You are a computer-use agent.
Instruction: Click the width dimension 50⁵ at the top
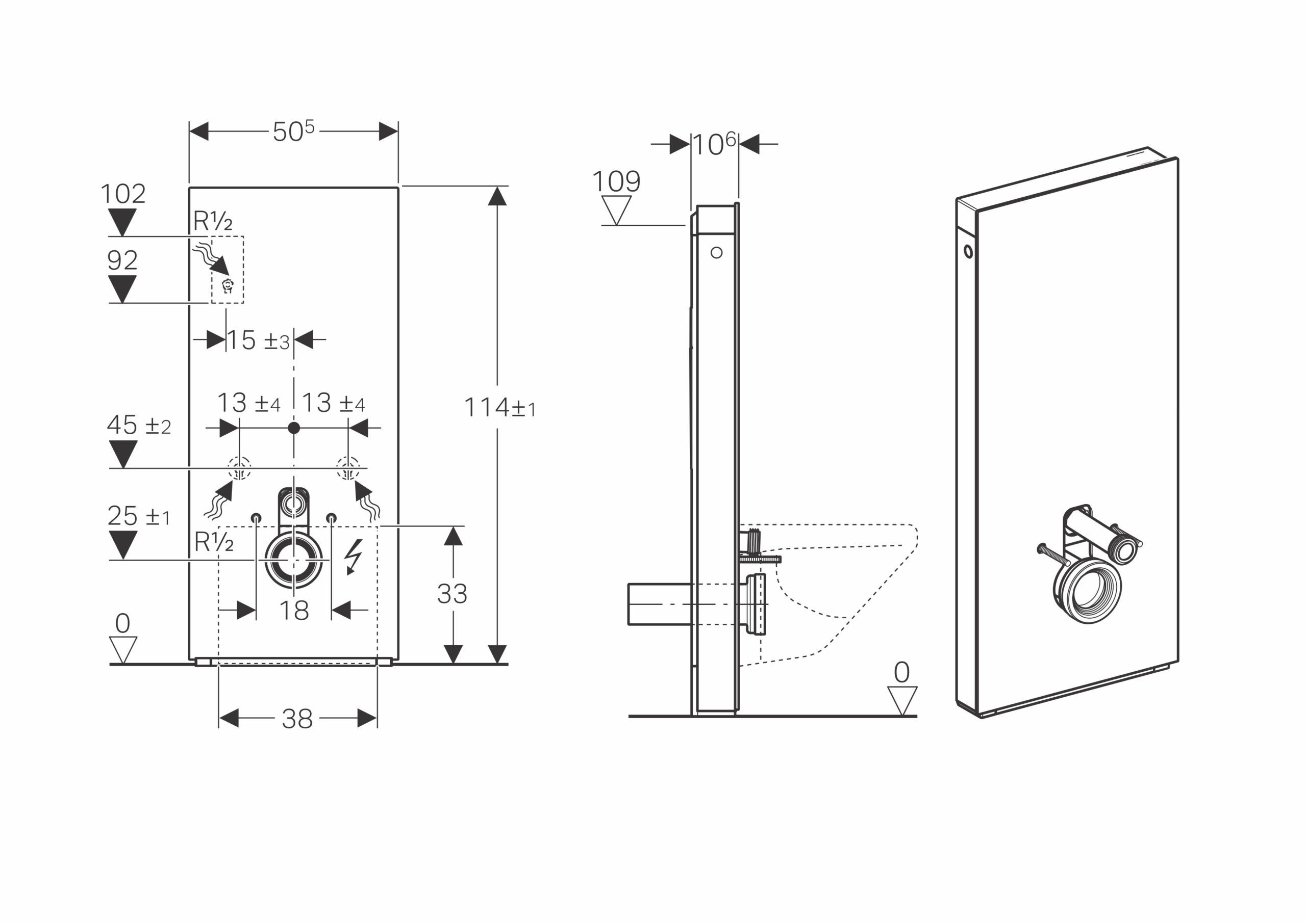[x=293, y=131]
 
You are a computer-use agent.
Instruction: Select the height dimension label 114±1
[x=499, y=408]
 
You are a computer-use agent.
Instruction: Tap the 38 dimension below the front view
[x=297, y=719]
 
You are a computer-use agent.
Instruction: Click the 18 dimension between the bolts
[x=294, y=611]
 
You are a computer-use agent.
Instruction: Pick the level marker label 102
[x=123, y=194]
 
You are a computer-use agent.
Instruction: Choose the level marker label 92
[x=122, y=260]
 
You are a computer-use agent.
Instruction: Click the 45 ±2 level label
[x=139, y=425]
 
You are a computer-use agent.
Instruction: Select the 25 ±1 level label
[x=138, y=516]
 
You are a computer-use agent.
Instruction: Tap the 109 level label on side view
[x=617, y=181]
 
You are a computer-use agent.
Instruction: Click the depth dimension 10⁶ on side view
[x=714, y=144]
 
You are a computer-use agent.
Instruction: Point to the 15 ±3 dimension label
[x=259, y=340]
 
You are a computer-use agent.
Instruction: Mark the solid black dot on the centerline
[x=293, y=428]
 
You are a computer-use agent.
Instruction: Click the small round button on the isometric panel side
[x=969, y=251]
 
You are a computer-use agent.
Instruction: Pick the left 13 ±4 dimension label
[x=248, y=403]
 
